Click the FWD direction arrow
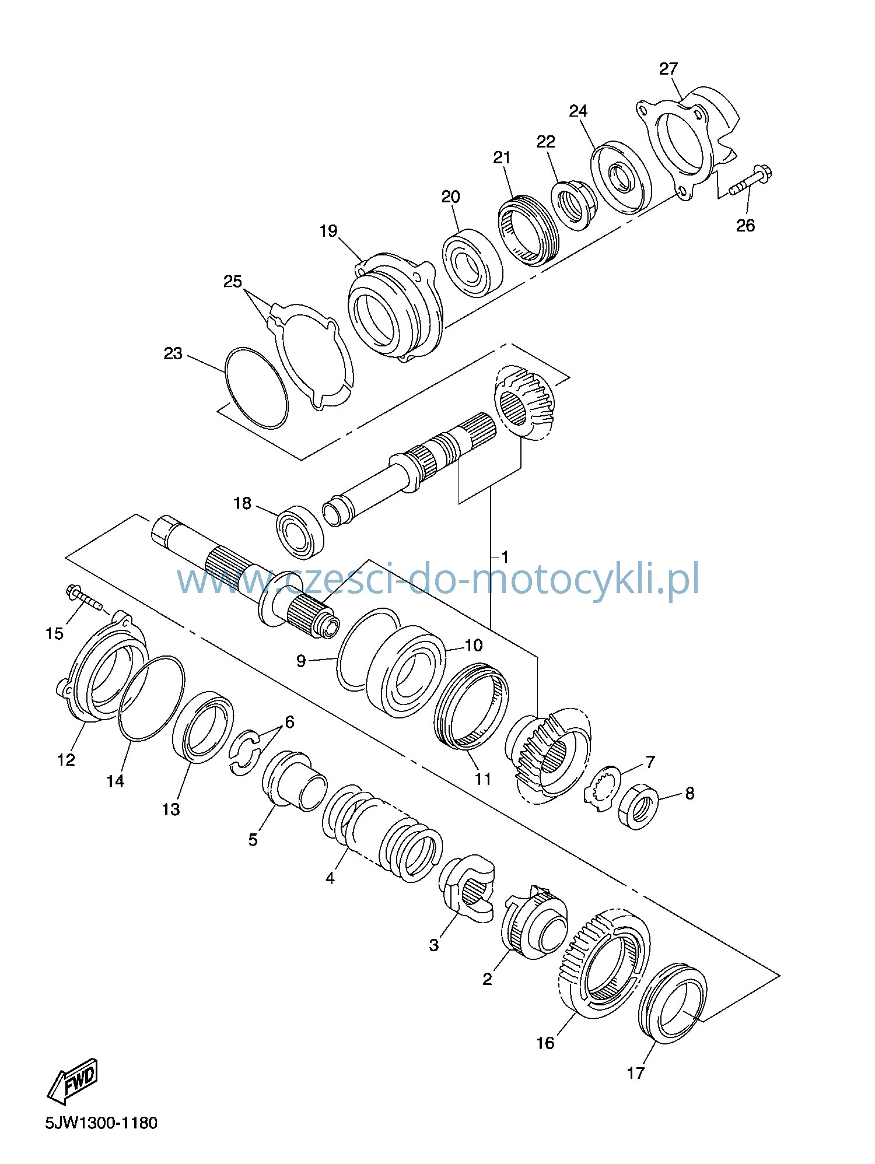(x=72, y=1081)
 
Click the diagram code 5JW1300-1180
(x=101, y=1123)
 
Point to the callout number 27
(x=668, y=69)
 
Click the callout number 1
(x=505, y=557)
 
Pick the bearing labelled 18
(x=300, y=530)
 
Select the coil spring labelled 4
(x=382, y=832)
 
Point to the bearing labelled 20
(x=472, y=263)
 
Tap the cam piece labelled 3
(x=467, y=889)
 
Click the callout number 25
(x=233, y=282)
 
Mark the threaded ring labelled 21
(x=528, y=230)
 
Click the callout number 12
(x=66, y=760)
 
